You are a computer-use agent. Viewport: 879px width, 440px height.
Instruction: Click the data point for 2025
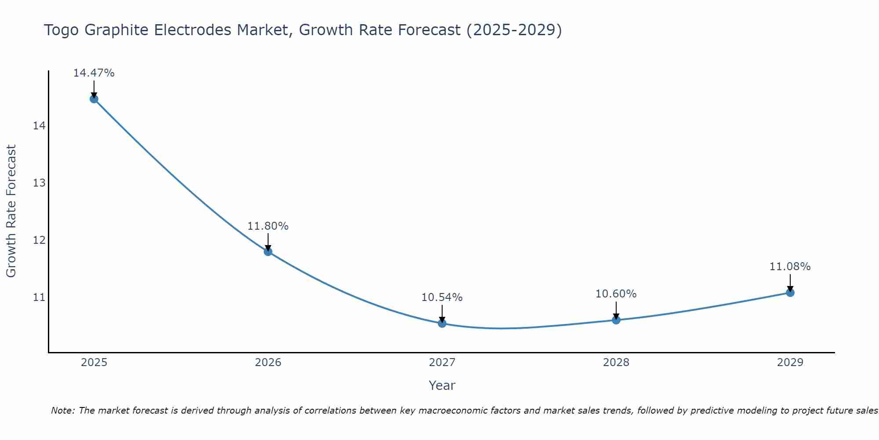94,99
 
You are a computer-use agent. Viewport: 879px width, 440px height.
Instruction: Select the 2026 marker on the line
268,252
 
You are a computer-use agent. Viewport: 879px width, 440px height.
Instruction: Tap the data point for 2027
442,323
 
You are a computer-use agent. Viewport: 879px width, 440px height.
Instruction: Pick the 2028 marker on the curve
616,320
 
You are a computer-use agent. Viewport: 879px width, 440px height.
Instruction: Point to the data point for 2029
790,293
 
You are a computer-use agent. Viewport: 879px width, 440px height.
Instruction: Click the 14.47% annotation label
94,73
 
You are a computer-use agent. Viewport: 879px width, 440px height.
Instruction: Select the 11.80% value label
268,226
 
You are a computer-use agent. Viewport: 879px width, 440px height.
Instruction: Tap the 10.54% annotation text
442,297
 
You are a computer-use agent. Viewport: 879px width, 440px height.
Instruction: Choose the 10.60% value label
616,294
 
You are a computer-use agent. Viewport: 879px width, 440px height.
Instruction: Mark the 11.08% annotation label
790,267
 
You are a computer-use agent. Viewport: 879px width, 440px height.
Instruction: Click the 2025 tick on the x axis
94,363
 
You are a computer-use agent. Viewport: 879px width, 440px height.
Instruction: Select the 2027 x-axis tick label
442,363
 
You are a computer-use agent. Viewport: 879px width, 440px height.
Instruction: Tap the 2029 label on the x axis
790,363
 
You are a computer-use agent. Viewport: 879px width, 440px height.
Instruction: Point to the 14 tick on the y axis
39,126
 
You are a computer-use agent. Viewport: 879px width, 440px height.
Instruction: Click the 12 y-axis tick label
39,240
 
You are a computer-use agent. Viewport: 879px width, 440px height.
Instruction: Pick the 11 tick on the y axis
39,297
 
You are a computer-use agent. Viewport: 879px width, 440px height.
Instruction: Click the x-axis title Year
442,385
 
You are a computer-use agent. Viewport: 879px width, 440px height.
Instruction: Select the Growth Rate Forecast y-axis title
11,211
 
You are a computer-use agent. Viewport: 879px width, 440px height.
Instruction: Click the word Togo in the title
62,30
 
